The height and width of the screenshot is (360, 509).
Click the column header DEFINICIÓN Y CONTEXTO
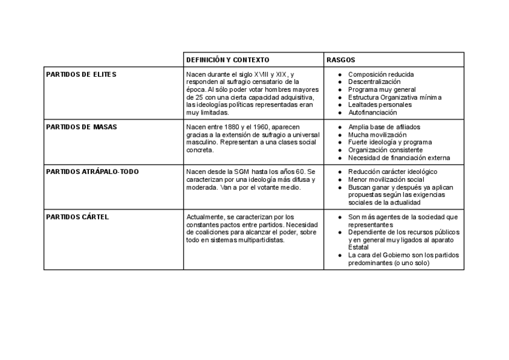coord(227,60)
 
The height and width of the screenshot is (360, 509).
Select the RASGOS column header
coord(340,60)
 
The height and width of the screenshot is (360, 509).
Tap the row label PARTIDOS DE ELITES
coord(81,74)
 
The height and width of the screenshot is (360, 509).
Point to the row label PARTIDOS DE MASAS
coord(81,127)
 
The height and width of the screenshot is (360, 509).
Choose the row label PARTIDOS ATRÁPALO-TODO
coord(92,172)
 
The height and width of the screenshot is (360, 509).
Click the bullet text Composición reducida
coord(381,74)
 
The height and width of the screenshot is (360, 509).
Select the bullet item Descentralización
coord(374,82)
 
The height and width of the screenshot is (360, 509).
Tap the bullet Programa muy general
coord(382,89)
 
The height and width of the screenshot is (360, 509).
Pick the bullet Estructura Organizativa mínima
coord(394,97)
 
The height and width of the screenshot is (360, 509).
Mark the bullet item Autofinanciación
coord(372,112)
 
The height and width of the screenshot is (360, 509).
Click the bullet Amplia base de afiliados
coord(384,127)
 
